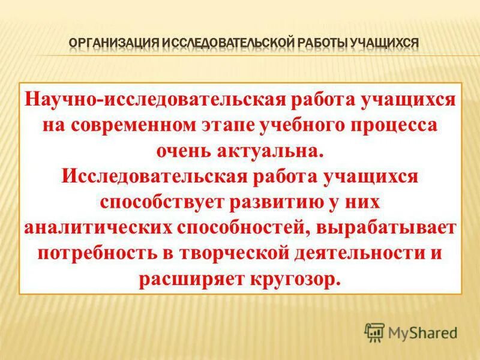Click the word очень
point(186,151)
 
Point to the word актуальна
point(279,151)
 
